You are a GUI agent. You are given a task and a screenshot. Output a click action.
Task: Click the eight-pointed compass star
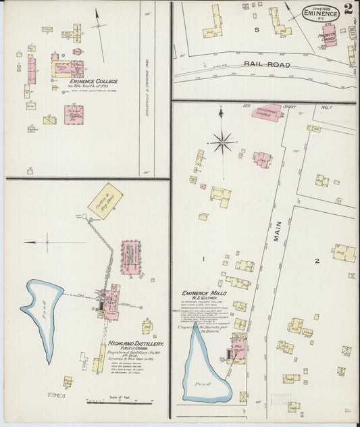point(222,142)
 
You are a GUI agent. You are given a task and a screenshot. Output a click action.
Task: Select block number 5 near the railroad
point(257,30)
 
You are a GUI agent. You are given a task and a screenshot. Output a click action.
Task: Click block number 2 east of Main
point(316,260)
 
